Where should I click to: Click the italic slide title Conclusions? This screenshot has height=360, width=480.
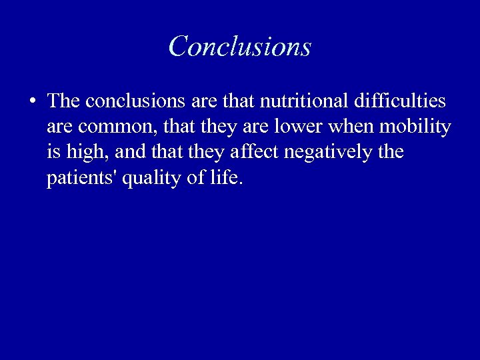240,47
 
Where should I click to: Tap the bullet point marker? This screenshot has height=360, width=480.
32,102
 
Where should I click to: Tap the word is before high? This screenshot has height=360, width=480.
53,152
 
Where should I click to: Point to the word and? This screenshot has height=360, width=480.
129,152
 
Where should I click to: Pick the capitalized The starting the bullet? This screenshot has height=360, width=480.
64,101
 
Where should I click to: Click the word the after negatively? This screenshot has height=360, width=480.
390,152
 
